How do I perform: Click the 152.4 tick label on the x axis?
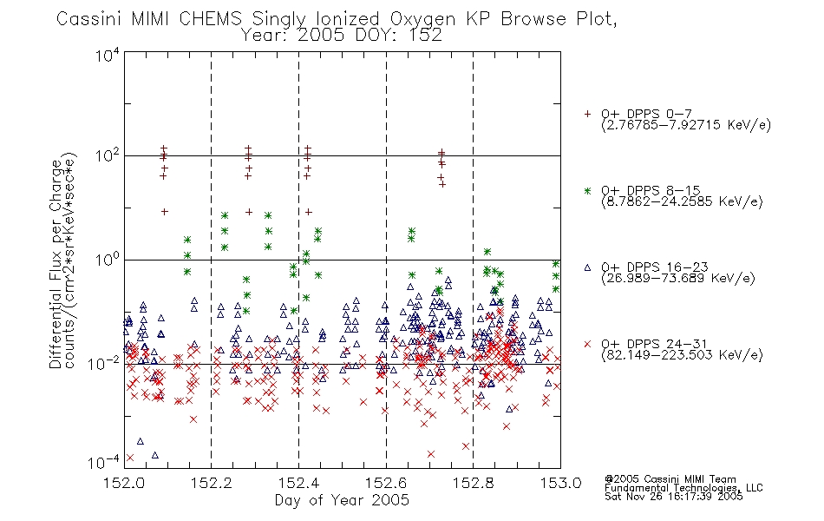point(299,483)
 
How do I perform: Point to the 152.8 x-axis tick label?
point(474,483)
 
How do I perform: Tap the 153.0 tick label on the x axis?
point(560,483)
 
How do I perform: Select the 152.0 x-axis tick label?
point(125,483)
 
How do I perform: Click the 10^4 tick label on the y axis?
point(108,55)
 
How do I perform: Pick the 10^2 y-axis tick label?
point(108,156)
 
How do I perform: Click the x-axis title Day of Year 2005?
point(342,500)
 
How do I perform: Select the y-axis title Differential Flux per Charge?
point(56,264)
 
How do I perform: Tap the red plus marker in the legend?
point(587,114)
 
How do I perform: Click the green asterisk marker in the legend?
point(587,190)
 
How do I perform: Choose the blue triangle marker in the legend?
point(587,267)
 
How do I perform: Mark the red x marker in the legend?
point(587,344)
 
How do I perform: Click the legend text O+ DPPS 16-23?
point(655,267)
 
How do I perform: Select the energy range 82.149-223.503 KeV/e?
point(682,355)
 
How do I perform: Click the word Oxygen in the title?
point(422,19)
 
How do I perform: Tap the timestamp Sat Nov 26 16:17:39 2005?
point(674,496)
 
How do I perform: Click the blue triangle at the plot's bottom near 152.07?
point(155,455)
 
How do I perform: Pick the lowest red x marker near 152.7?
point(431,453)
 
